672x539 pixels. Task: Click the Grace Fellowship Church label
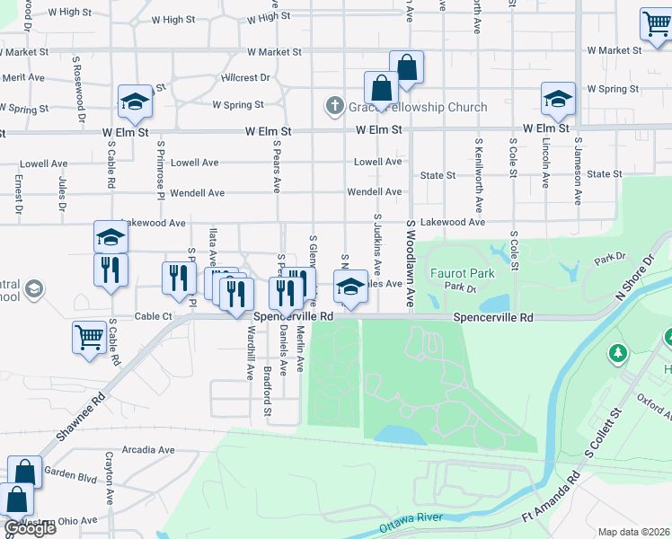click(418, 107)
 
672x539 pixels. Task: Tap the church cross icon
click(335, 107)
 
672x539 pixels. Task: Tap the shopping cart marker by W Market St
click(656, 25)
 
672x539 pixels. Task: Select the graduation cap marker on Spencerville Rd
click(349, 287)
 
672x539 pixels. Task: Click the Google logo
click(29, 528)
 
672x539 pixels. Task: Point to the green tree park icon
click(618, 353)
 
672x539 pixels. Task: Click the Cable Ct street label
click(154, 316)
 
